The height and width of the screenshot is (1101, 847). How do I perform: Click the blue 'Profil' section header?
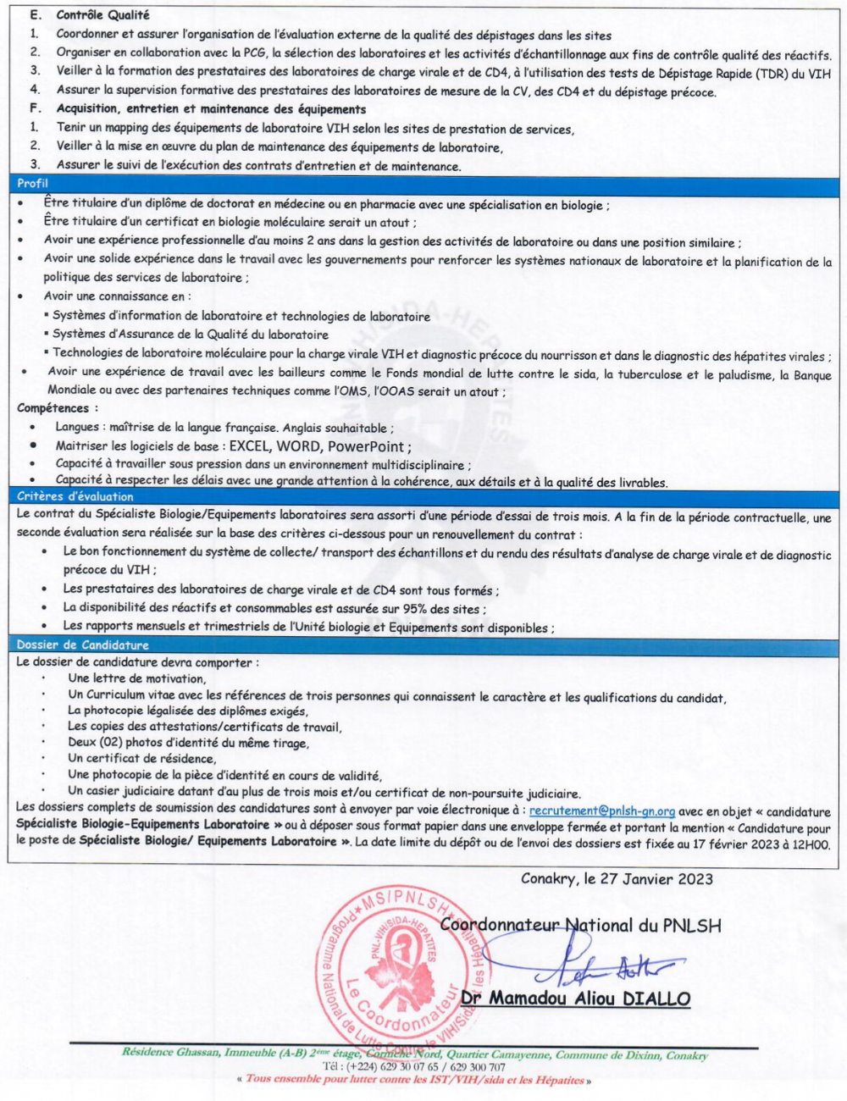tap(33, 183)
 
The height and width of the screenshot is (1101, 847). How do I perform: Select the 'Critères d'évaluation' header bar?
tap(75, 496)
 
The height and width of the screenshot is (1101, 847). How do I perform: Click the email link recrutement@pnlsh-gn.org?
tap(602, 811)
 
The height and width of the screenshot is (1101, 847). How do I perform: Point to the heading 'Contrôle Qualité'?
tap(102, 15)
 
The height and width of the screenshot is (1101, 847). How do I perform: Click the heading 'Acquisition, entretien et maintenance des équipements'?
tap(211, 108)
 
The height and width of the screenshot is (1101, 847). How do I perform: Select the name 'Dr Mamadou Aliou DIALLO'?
tap(590, 999)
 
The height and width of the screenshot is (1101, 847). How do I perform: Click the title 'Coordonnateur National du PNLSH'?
tap(580, 926)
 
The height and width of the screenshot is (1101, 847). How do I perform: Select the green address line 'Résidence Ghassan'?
tap(414, 1054)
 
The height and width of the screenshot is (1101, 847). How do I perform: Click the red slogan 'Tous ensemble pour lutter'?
tap(414, 1080)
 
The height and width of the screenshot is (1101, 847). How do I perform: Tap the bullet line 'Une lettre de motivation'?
tap(136, 678)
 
